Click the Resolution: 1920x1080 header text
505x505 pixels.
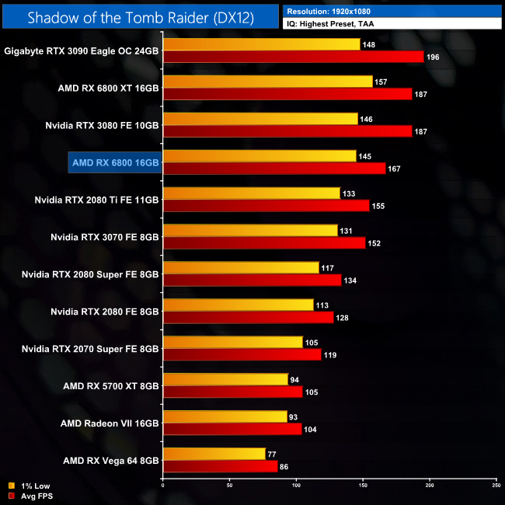point(333,12)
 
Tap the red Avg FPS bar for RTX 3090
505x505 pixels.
point(293,57)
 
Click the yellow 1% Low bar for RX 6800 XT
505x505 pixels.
point(267,82)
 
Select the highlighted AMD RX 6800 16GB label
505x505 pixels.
point(115,162)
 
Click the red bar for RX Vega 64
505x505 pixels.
point(220,467)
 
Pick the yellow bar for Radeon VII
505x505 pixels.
point(225,417)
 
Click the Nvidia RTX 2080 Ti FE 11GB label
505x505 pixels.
point(97,200)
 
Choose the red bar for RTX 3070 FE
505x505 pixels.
point(263,243)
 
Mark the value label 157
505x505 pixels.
point(381,82)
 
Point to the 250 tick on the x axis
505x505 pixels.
point(496,486)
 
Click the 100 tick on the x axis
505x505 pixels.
point(296,486)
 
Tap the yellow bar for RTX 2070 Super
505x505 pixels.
point(232,343)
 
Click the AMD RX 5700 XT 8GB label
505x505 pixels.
point(111,386)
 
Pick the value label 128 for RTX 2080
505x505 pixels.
point(343,318)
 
